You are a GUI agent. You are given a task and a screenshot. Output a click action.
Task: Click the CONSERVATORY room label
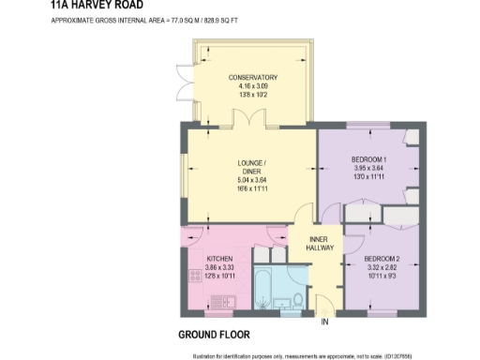click(x=252, y=77)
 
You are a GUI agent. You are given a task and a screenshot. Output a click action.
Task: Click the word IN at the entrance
click(x=325, y=323)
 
